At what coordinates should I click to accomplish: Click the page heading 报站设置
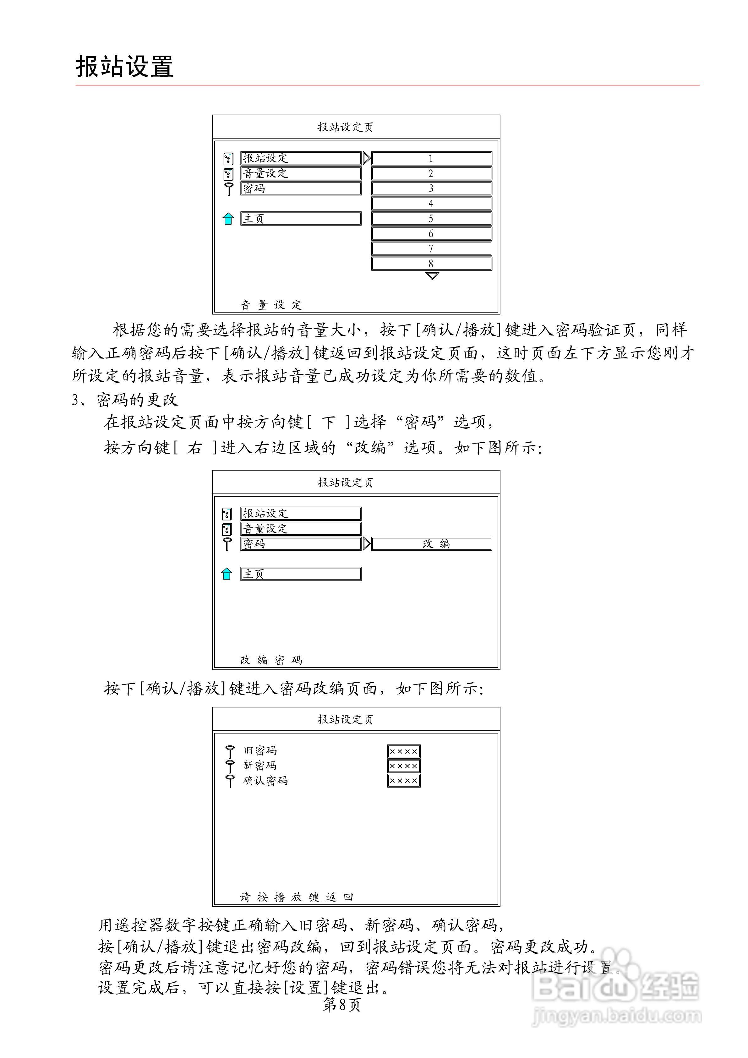click(124, 67)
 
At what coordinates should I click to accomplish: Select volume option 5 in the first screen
click(431, 218)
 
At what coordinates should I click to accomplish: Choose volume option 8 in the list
click(431, 264)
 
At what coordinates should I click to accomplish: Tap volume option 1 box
click(431, 159)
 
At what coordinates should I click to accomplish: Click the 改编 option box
click(431, 544)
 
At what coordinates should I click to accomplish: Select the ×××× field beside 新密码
click(404, 766)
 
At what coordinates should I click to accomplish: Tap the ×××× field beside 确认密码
click(404, 781)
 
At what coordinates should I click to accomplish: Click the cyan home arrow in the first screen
click(228, 219)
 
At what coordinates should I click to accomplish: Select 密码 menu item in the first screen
click(301, 188)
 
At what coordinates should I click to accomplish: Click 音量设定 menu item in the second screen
click(301, 529)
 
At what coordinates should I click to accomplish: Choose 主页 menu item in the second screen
click(301, 574)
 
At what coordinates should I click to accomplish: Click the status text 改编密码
click(271, 660)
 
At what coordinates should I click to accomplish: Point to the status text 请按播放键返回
click(296, 897)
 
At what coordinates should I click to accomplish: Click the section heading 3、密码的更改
click(124, 400)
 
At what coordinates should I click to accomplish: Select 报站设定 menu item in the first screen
click(301, 158)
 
